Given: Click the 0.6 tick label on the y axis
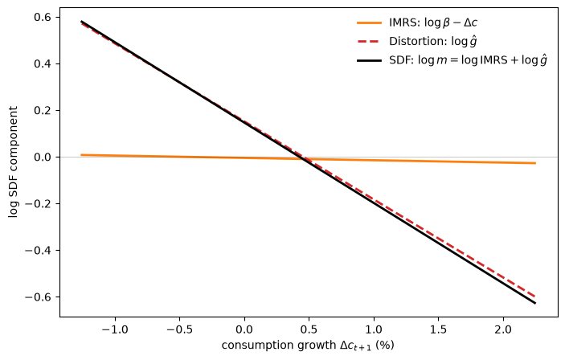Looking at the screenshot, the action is [x=43, y=18].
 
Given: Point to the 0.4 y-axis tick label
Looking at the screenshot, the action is [x=43, y=63].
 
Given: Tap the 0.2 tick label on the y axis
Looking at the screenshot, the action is [x=43, y=110].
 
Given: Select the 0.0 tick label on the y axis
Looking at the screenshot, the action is [x=43, y=157].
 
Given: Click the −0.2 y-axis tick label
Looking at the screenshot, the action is [x=39, y=203].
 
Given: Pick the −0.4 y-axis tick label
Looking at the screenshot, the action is [x=39, y=250].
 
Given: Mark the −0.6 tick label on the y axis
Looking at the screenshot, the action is [x=39, y=297].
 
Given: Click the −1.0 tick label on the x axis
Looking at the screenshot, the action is [x=115, y=329].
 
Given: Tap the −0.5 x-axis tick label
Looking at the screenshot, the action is [x=180, y=329].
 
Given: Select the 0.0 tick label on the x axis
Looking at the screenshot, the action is [x=244, y=329].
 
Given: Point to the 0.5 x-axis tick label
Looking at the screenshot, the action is [x=309, y=329].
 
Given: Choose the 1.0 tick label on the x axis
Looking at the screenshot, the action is [x=374, y=329].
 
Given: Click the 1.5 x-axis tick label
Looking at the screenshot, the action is [x=439, y=329].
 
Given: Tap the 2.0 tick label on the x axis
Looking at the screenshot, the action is [x=503, y=329].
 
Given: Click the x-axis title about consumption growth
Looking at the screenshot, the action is [x=308, y=346].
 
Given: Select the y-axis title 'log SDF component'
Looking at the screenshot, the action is [x=13, y=162].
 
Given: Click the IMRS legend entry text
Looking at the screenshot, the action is [x=433, y=22].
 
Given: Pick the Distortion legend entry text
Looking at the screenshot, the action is [x=433, y=42].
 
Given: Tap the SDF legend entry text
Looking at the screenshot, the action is [x=468, y=60].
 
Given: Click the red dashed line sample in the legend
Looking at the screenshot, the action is [x=370, y=42].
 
